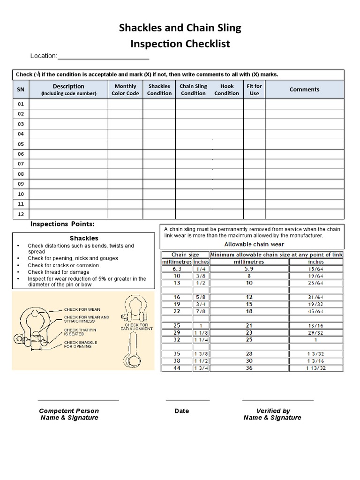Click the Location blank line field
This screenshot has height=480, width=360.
click(x=103, y=57)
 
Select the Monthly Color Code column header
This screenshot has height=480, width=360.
click(x=125, y=90)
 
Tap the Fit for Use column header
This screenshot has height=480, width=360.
click(x=254, y=90)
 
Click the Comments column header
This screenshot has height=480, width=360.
click(x=304, y=90)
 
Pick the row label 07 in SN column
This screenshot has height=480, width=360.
click(x=21, y=164)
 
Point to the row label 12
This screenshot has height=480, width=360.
click(x=21, y=214)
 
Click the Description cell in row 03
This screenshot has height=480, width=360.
click(x=68, y=124)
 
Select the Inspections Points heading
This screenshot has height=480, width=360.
click(x=62, y=224)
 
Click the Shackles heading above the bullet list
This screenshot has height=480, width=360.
click(x=84, y=238)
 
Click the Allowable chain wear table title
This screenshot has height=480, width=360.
click(x=254, y=244)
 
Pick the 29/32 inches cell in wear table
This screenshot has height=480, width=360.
click(x=316, y=332)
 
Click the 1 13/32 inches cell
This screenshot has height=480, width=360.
click(x=316, y=368)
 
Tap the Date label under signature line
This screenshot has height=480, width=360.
click(x=181, y=411)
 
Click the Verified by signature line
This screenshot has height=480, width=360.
click(x=277, y=401)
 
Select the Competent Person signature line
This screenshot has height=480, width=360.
click(x=78, y=401)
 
